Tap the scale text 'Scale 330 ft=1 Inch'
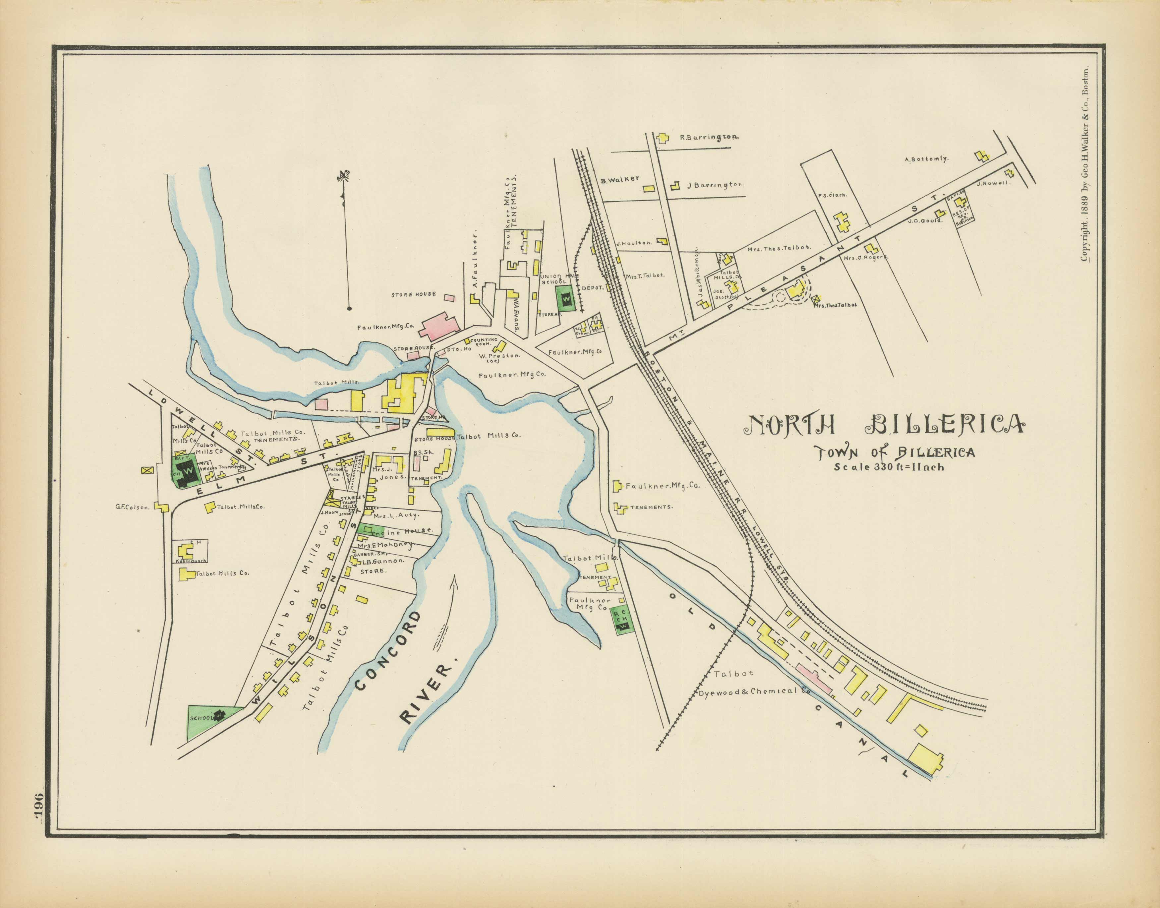pyautogui.click(x=889, y=468)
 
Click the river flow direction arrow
pyautogui.click(x=445, y=614)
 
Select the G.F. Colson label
pyautogui.click(x=133, y=507)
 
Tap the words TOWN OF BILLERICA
pyautogui.click(x=896, y=453)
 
